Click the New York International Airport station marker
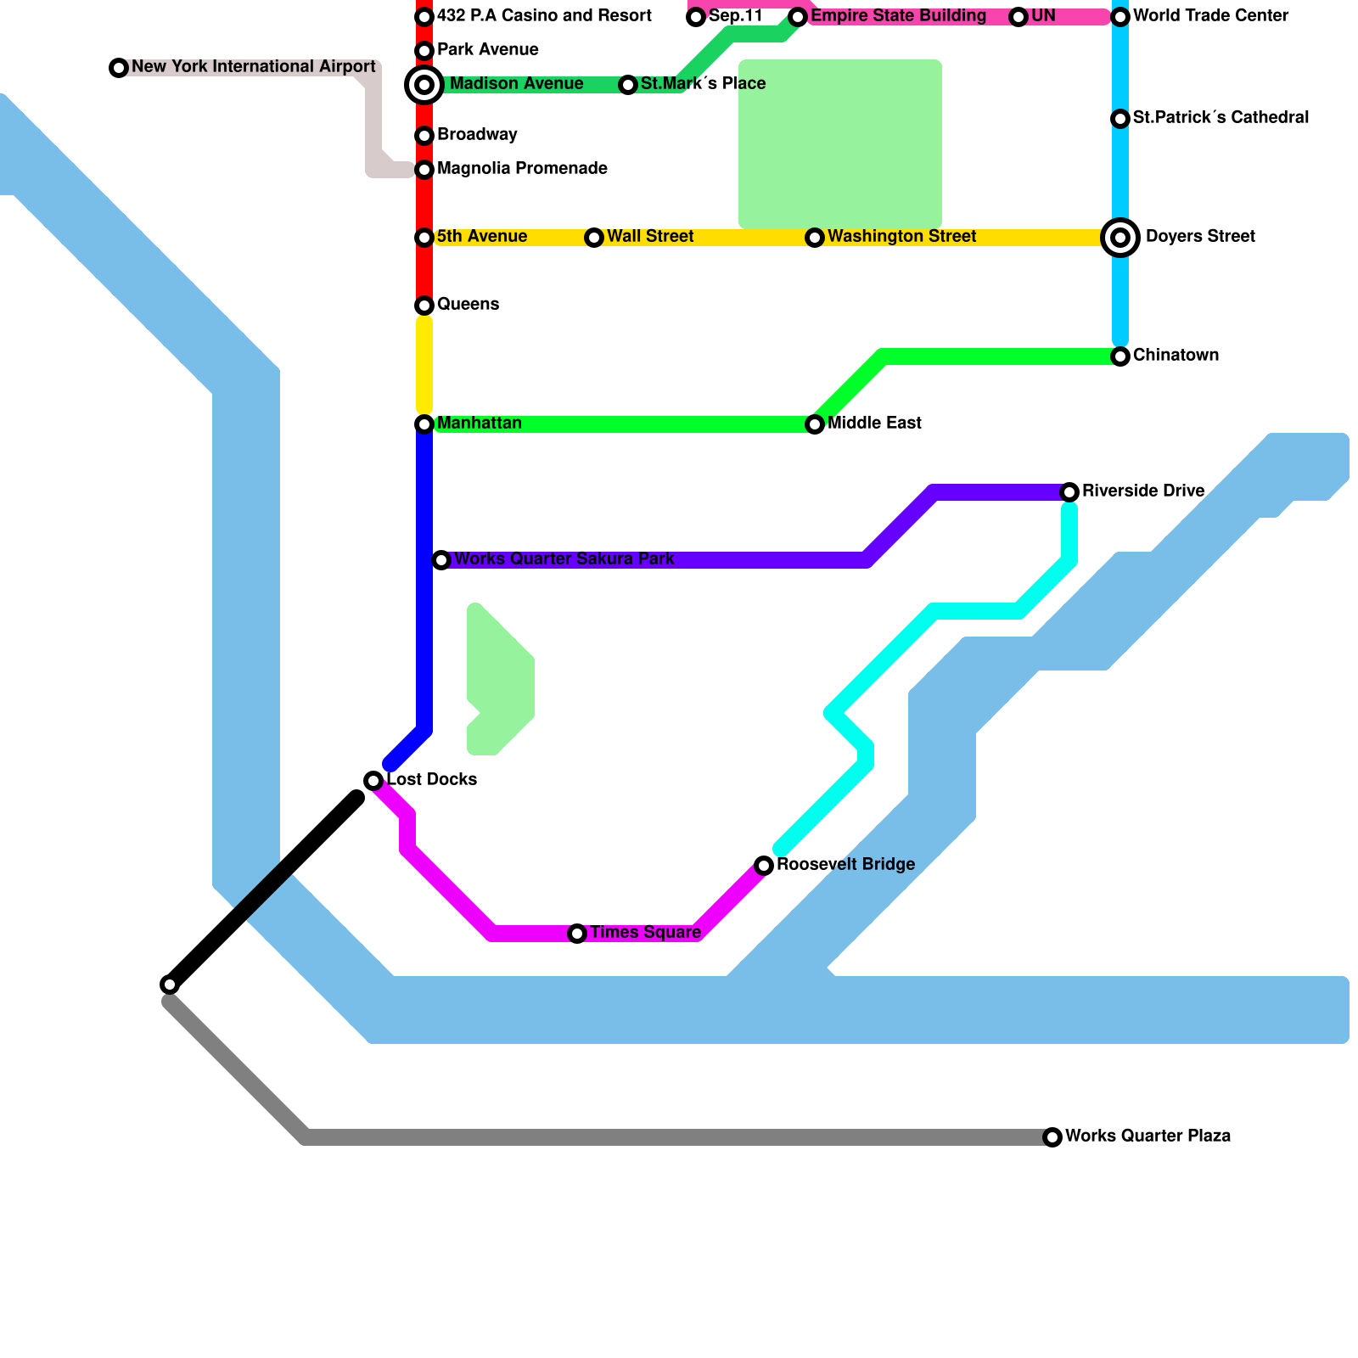pos(119,68)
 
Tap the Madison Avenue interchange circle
pos(424,85)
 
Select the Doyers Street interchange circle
pos(1120,238)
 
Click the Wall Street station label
pos(650,237)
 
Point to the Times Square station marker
pos(577,934)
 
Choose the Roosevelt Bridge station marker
pos(764,866)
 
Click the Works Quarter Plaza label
pos(1148,1136)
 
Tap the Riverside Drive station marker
pos(1069,492)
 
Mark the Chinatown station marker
pos(1120,356)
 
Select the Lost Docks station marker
pos(373,781)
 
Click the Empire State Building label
pos(898,16)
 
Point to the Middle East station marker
pos(815,424)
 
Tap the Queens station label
pos(468,305)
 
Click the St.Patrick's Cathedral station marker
pos(1120,119)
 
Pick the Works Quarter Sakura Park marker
pos(441,560)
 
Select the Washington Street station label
pos(901,237)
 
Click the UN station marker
pos(1018,17)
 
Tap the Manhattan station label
pos(479,424)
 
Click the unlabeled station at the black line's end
pos(170,985)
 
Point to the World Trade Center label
pos(1210,16)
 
